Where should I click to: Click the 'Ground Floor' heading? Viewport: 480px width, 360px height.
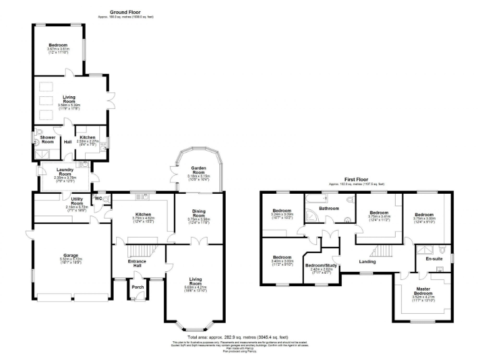click(x=126, y=12)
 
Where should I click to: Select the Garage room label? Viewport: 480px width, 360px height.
click(x=70, y=256)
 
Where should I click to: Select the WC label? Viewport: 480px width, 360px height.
click(x=98, y=199)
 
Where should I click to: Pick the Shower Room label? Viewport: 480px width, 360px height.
click(x=47, y=139)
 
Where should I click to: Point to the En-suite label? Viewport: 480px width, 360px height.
click(x=434, y=258)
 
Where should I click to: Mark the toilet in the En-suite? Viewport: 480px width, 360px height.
click(x=441, y=269)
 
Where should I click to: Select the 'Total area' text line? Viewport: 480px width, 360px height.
click(x=240, y=337)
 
